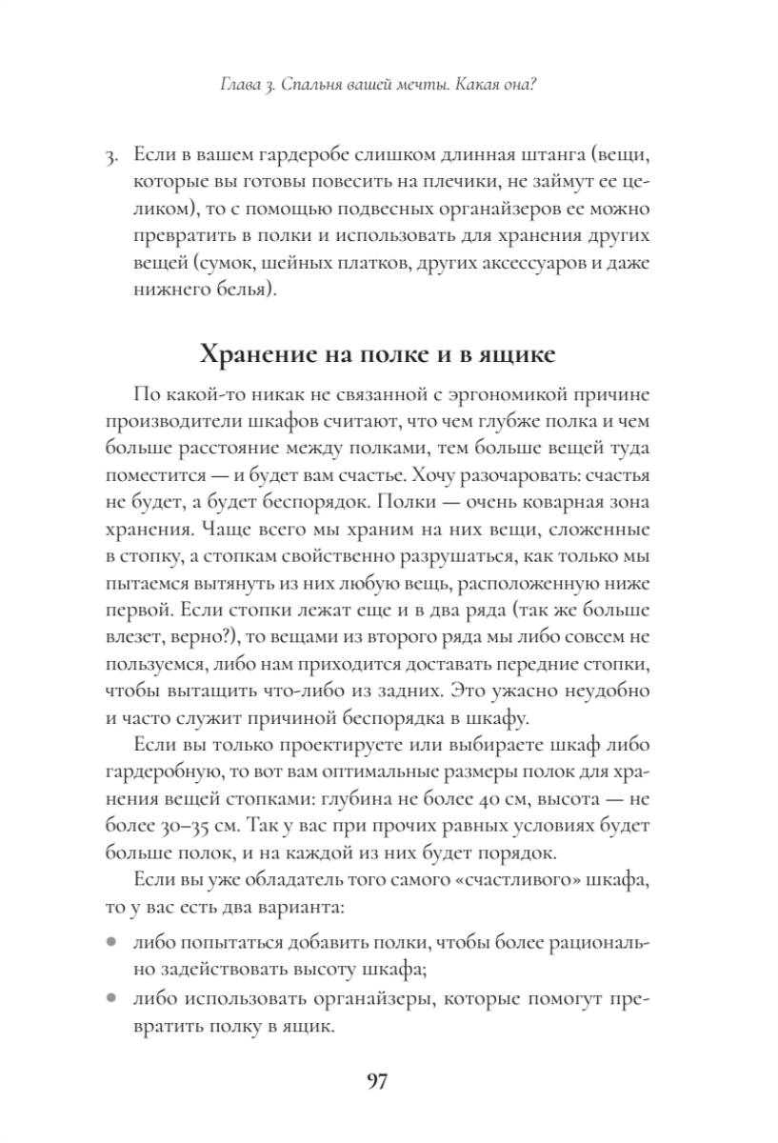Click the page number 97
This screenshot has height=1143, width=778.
(376, 1082)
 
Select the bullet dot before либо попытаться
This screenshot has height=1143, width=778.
(110, 944)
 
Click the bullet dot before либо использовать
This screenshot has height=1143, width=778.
(110, 999)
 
